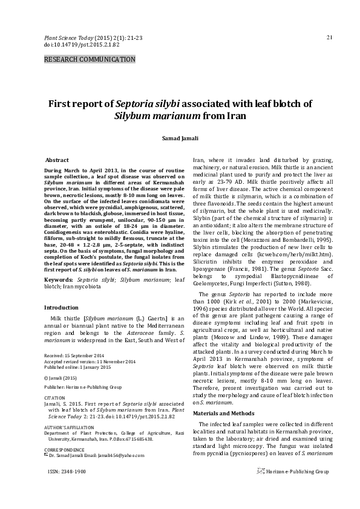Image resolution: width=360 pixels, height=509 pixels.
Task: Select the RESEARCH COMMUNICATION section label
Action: pyautogui.click(x=90, y=59)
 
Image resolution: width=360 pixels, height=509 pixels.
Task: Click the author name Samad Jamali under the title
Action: pyautogui.click(x=179, y=138)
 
